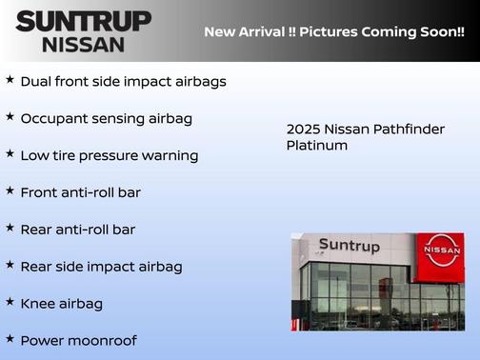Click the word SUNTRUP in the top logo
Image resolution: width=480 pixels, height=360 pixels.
[83, 21]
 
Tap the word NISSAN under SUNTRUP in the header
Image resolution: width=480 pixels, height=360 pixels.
[83, 44]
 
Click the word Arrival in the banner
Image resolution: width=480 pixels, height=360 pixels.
[270, 32]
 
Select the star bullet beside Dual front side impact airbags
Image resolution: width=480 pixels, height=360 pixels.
[10, 80]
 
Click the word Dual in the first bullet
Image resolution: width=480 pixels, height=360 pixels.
[37, 82]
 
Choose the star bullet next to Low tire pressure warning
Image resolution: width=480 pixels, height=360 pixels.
[10, 154]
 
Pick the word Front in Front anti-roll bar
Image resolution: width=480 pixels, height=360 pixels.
[40, 192]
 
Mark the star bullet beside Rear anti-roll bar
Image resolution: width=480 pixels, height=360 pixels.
[10, 229]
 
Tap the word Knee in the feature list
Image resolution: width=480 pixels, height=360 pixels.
[38, 304]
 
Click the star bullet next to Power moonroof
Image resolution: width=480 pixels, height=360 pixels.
[10, 339]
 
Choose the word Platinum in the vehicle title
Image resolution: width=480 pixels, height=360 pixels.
[316, 146]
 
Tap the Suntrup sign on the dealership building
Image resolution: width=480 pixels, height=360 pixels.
[349, 246]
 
